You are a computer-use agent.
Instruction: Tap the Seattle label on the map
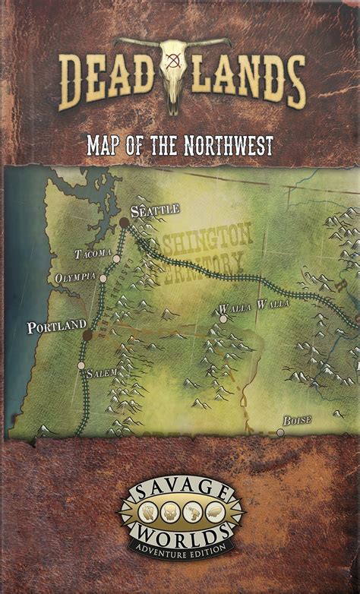155,209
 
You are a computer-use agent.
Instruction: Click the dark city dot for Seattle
124,222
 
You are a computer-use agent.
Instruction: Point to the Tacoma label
93,252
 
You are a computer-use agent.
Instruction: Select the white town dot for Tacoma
116,259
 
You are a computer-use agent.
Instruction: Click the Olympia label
74,278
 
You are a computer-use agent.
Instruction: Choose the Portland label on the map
57,327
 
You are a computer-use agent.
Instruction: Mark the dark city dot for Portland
87,334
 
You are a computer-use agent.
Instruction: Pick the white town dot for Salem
81,365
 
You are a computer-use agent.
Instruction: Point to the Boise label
297,420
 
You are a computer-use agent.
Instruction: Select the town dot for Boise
280,432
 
